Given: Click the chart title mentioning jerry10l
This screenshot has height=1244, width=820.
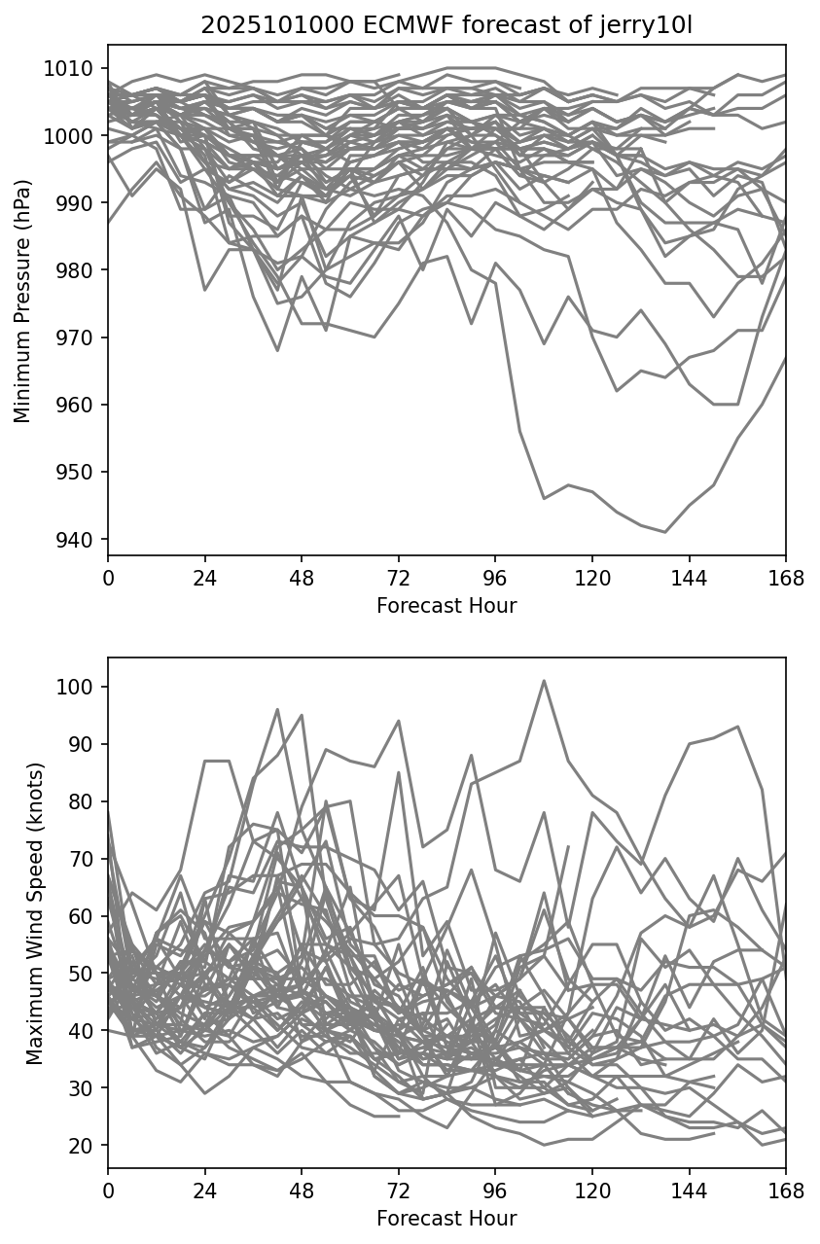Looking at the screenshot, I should (x=446, y=25).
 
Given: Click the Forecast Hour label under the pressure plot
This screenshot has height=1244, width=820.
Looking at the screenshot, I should (x=446, y=606).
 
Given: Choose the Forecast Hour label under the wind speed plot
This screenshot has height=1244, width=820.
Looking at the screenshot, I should (x=446, y=1219).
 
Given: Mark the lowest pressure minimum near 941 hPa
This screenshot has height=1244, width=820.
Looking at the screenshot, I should (x=665, y=532).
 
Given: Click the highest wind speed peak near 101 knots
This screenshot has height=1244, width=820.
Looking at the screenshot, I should (x=544, y=681).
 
